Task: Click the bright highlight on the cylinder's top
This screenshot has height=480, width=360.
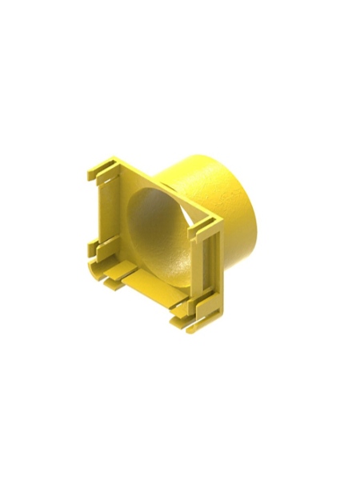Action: (x=192, y=164)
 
